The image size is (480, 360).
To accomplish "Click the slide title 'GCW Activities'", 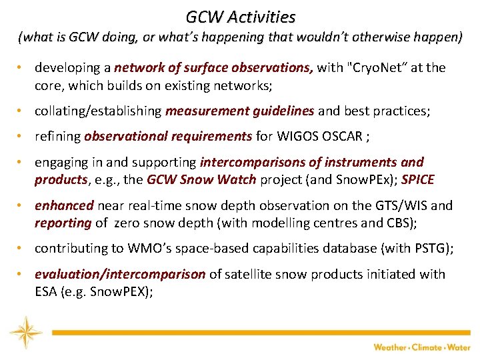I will [240, 16].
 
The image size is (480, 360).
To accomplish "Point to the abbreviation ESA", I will [46, 291].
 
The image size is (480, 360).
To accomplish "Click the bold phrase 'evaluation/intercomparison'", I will [120, 274].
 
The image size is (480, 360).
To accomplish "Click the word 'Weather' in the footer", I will [391, 347].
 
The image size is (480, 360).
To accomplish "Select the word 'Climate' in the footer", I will [427, 347].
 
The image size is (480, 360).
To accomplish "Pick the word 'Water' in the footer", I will [459, 347].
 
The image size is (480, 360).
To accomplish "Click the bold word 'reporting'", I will [63, 223].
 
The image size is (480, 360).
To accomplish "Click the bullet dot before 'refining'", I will [21, 137].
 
